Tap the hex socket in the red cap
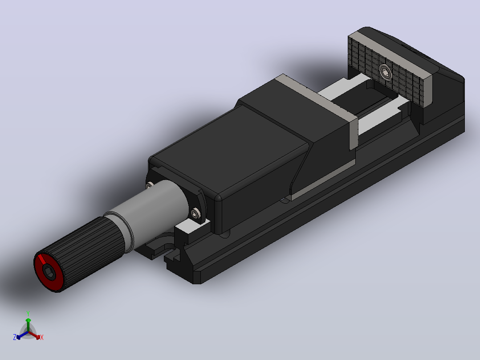tap(49, 272)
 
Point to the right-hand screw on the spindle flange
tap(195, 213)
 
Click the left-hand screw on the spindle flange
tap(150, 185)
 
